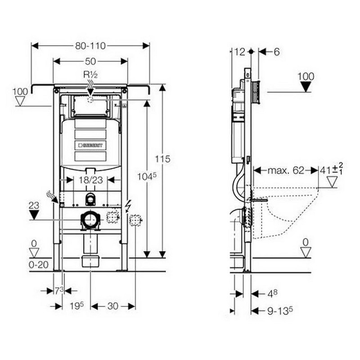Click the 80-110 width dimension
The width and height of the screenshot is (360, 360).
coord(90,45)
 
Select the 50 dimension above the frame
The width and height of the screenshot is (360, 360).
coord(90,61)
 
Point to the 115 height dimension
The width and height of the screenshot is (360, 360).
coord(162,159)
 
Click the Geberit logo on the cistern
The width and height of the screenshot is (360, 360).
coord(90,145)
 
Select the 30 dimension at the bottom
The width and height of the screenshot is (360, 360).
coord(112,306)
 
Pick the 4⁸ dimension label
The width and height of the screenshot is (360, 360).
coord(272,294)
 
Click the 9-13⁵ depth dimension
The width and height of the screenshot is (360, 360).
coord(279,310)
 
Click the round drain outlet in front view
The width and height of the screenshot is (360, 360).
coord(90,220)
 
